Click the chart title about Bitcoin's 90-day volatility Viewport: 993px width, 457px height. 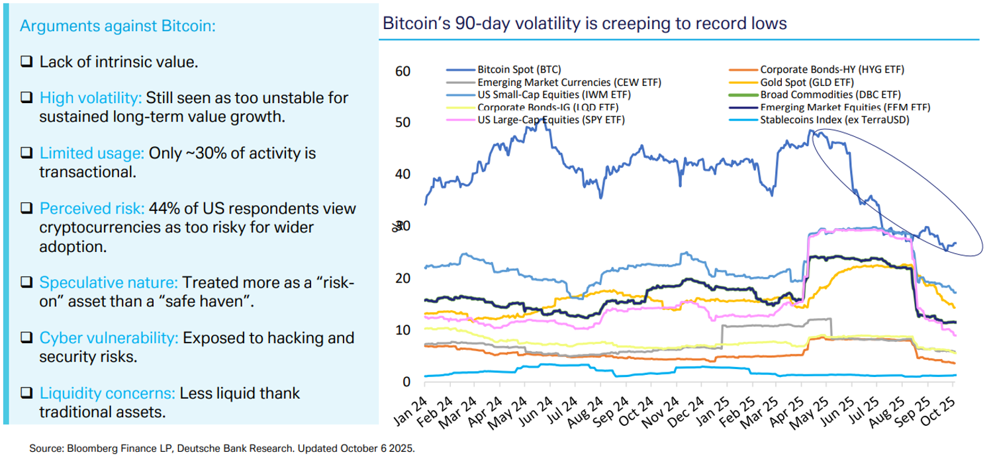click(x=585, y=24)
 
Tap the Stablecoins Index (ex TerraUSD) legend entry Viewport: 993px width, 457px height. click(x=834, y=120)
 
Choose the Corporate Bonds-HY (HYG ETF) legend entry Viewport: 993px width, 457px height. click(x=831, y=69)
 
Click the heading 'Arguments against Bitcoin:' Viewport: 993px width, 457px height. click(x=117, y=26)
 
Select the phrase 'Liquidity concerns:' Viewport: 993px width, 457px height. click(x=107, y=394)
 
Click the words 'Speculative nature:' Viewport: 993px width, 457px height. click(x=109, y=282)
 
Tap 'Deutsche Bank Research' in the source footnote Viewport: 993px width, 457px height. click(x=220, y=448)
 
